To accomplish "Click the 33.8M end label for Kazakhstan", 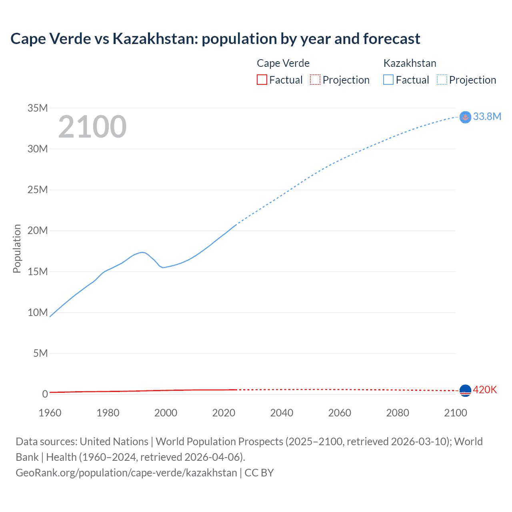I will (487, 116).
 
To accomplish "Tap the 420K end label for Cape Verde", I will (485, 390).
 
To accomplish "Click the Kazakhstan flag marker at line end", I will (465, 117).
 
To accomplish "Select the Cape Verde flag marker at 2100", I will (465, 390).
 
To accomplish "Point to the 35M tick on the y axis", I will (38, 108).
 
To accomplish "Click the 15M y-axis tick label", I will (38, 272).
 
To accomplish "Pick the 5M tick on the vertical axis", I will (40, 353).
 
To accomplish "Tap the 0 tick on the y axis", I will (45, 394).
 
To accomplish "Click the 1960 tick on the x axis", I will (50, 413).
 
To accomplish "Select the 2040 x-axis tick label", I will (282, 413).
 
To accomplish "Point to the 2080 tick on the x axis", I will (398, 413).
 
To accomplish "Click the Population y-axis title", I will (17, 248).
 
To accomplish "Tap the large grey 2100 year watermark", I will (92, 127).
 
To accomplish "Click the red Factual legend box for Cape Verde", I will (262, 80).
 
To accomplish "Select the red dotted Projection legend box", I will (315, 80).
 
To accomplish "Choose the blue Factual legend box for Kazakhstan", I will (388, 80).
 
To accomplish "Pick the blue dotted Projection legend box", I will (442, 80).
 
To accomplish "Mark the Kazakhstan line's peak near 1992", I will (142, 252).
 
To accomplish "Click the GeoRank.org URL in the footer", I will (126, 472).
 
